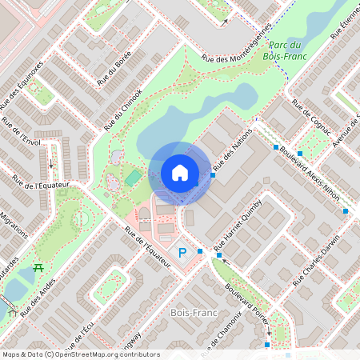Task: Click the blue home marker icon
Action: click(x=180, y=173)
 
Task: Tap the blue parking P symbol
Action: click(x=182, y=253)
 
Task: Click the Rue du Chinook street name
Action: click(x=122, y=110)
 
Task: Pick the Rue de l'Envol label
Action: click(x=21, y=132)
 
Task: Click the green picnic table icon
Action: click(x=37, y=269)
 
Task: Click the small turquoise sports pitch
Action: click(x=132, y=178)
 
